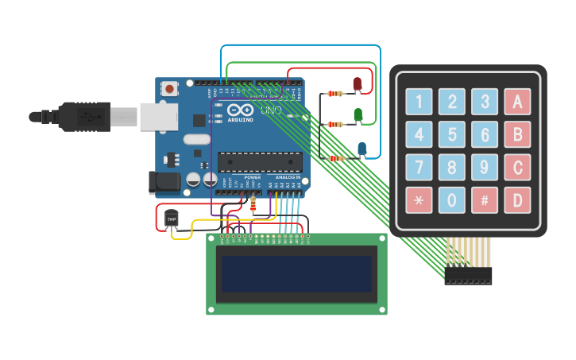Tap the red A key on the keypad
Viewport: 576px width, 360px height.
pos(517,102)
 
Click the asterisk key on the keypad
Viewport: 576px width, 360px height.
pos(419,200)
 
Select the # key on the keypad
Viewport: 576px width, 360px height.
pos(484,200)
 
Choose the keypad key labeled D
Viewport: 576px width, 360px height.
pos(517,200)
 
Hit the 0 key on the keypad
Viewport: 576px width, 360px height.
pos(451,200)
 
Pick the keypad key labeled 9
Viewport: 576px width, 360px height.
pos(484,167)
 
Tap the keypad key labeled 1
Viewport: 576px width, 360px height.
pos(419,102)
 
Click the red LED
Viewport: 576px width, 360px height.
pos(358,83)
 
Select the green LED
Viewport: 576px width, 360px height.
pos(358,115)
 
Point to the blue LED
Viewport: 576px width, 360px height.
pos(361,149)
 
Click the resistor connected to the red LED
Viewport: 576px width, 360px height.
pos(336,94)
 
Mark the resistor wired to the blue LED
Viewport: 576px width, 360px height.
pos(337,158)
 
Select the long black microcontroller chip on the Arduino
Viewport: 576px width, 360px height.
pos(260,161)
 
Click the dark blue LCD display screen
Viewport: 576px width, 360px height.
pos(296,273)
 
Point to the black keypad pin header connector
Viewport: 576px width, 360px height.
pos(468,276)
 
